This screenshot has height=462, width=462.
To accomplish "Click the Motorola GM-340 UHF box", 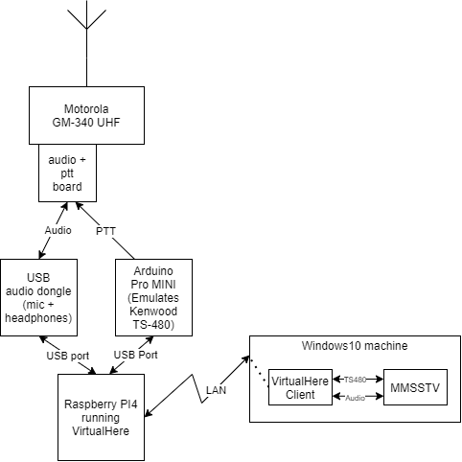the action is [86, 115].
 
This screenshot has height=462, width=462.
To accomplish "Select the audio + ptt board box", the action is [67, 173].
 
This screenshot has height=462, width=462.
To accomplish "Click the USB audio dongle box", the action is [38, 297].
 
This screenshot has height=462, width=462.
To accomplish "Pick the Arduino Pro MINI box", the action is [153, 297].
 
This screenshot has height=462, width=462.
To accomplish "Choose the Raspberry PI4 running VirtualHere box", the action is [101, 417].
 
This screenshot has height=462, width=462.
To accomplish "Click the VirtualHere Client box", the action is [300, 387].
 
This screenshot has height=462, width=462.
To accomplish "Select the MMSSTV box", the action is [415, 387].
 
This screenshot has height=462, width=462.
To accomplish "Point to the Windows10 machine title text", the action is [355, 346].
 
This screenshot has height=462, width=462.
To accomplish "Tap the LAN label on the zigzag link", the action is [217, 390].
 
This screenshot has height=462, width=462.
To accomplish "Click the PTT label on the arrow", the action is [105, 231].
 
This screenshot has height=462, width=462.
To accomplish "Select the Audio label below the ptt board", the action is [58, 230].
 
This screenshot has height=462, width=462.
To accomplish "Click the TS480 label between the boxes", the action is [355, 380].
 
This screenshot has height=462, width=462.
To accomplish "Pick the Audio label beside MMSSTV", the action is [355, 398].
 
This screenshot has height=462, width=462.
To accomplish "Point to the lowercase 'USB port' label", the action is [68, 356].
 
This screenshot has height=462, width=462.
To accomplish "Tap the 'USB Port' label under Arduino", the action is [136, 355].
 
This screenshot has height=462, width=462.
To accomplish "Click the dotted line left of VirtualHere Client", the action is [258, 371].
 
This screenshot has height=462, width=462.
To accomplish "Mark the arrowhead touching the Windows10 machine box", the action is [246, 358].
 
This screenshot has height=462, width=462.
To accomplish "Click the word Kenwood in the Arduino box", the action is [153, 311].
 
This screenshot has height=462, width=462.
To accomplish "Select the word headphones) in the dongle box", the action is [38, 318].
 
